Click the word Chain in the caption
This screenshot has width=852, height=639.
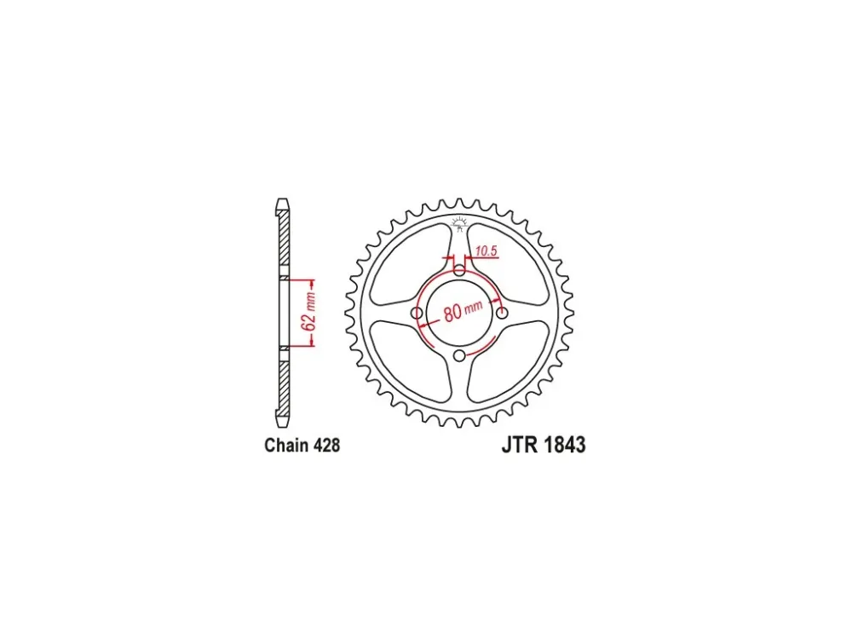coord(285,445)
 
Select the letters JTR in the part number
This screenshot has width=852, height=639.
coord(520,445)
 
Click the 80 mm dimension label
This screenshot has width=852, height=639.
coord(463,310)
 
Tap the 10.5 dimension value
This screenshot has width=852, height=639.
coord(486,251)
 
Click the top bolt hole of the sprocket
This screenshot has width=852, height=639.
coord(460,270)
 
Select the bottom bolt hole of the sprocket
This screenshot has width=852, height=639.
coord(460,356)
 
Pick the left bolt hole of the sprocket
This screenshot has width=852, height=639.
coord(417,313)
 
